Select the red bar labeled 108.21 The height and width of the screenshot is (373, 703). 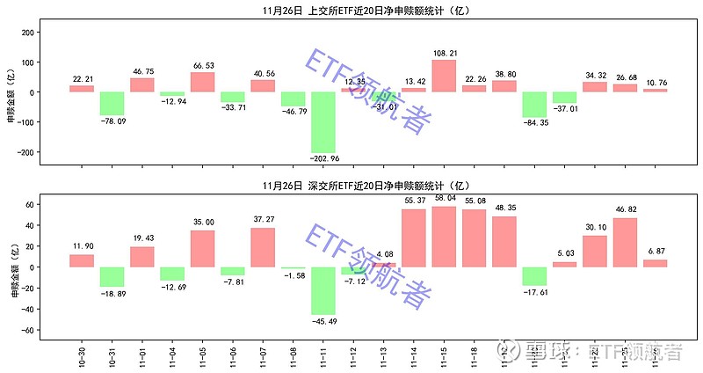coord(444,76)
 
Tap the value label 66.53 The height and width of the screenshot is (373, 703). coord(203,65)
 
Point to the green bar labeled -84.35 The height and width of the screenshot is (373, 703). coord(534,105)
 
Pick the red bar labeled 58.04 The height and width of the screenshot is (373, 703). coord(444,237)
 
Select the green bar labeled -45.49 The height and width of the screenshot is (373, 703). coord(323,290)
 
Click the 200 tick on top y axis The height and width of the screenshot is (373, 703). coord(28,33)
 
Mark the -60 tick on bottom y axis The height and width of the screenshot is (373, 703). coord(28,330)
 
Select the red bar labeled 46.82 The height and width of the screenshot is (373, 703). coord(625,243)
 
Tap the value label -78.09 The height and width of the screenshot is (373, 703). coord(112,121)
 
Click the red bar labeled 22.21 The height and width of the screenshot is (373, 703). coord(82,89)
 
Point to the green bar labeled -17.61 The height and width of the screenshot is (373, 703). coord(534,276)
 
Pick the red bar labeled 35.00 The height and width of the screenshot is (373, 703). coord(203,249)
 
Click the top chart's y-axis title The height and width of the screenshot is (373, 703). coord(11,91)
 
